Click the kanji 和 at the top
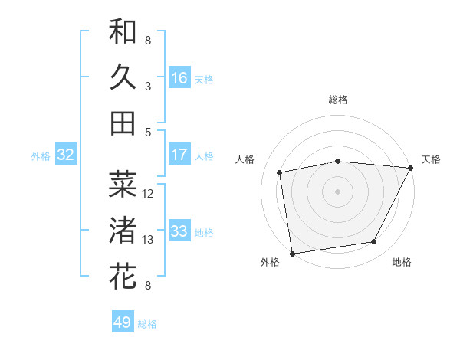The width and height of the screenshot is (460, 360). pos(123,31)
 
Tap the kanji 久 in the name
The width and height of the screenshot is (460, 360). pos(123,77)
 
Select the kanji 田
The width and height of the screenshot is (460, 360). pos(123,123)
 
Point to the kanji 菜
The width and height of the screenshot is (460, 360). pos(123,184)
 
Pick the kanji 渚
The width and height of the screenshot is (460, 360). pos(123,230)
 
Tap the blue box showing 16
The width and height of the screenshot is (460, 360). pos(179,77)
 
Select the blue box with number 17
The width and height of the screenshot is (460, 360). pos(179,155)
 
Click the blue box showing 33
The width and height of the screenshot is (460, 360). pos(179,231)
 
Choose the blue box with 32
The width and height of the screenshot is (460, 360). pos(65,155)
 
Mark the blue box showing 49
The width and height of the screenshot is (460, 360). pos(123,322)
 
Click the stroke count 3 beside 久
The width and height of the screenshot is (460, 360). pos(148,87)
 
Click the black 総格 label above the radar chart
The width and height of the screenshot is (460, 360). pos(337,100)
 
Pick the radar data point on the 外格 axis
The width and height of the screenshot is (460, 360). pos(292,253)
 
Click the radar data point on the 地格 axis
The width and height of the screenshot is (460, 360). pos(374,242)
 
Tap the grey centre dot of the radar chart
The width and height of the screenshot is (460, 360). pos(337,191)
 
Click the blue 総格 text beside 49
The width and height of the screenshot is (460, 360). pos(147,324)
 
